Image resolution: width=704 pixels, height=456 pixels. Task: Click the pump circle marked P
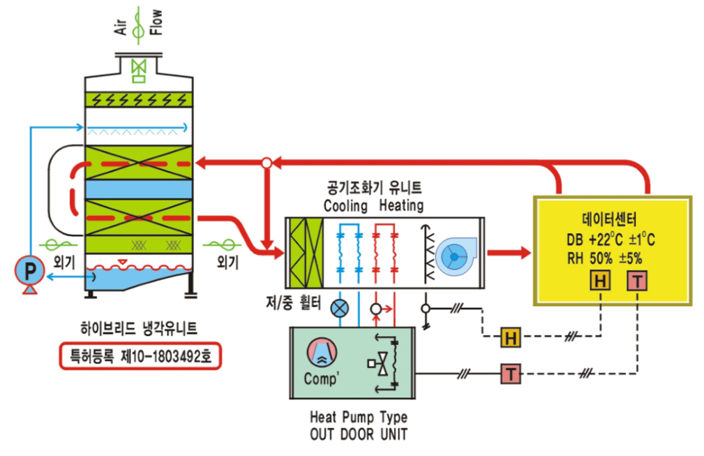[29, 270]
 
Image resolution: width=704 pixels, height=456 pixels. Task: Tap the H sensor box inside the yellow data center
[600, 281]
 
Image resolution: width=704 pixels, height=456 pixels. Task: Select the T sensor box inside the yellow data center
[637, 281]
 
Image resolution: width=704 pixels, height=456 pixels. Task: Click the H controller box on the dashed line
[511, 337]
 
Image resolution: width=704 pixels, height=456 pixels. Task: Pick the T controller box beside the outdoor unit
[511, 374]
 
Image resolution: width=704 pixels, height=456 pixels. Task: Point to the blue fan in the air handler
[456, 256]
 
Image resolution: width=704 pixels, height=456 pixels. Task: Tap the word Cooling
[345, 206]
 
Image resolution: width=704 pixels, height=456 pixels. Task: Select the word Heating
[401, 205]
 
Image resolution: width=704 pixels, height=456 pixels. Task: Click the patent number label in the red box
[140, 356]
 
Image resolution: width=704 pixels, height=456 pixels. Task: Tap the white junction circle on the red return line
[267, 163]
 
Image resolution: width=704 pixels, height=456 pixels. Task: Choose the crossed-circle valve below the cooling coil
[339, 309]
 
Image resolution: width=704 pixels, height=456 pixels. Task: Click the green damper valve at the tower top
[139, 71]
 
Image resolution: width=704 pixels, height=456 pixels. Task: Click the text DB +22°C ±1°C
[611, 240]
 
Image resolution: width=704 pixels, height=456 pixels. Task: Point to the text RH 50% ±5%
[604, 258]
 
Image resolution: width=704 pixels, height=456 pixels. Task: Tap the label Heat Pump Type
[359, 417]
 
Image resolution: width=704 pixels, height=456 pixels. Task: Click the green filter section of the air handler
[306, 253]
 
